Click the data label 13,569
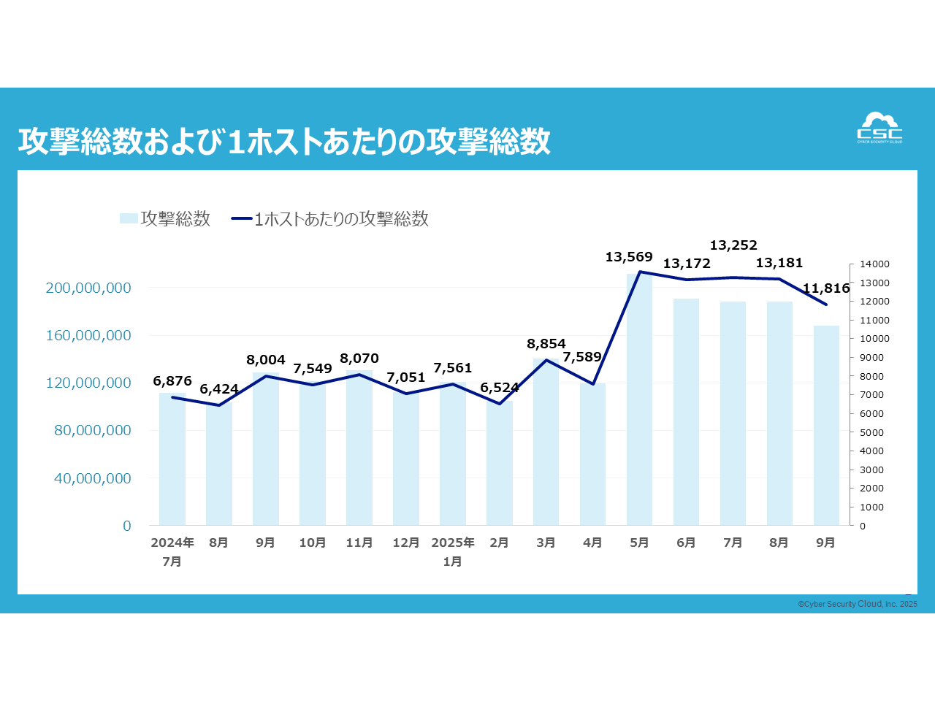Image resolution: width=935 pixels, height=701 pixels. (628, 257)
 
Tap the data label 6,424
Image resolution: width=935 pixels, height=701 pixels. (219, 389)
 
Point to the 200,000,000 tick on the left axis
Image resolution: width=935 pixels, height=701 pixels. (88, 288)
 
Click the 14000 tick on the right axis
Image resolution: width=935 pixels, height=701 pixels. (874, 264)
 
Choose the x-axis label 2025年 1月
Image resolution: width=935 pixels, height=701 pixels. (453, 552)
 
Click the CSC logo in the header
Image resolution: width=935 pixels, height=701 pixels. (879, 129)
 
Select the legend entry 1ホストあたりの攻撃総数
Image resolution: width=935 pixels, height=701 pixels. (340, 219)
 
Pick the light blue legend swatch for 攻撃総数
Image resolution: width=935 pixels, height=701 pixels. (129, 218)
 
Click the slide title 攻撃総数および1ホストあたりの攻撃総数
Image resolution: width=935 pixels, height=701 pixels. (284, 141)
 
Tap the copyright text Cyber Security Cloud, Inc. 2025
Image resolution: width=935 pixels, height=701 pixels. (858, 604)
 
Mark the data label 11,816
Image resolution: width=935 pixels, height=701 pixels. (826, 288)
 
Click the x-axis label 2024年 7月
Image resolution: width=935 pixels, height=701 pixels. (172, 552)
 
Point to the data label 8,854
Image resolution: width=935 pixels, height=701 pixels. (546, 344)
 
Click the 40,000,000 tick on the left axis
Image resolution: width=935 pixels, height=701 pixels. (93, 478)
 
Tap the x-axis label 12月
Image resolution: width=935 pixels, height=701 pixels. (406, 543)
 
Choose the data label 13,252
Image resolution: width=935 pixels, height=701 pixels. (733, 245)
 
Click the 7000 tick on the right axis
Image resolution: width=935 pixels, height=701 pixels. (871, 395)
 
